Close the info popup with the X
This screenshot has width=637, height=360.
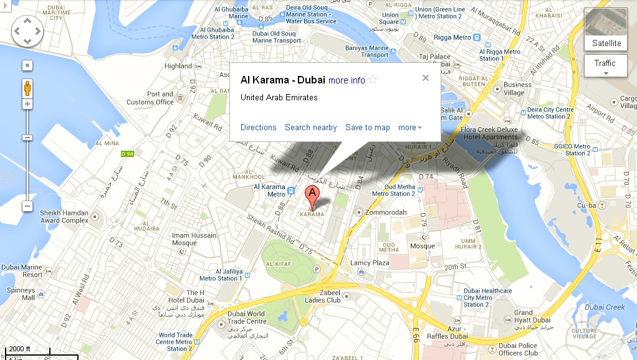[x=426, y=78]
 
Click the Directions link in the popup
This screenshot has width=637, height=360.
[x=258, y=127]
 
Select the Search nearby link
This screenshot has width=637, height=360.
[x=310, y=127]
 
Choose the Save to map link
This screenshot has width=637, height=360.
[x=367, y=127]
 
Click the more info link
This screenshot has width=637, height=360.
[x=347, y=80]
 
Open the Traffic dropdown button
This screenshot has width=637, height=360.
[x=605, y=65]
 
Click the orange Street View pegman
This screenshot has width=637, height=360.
[x=27, y=88]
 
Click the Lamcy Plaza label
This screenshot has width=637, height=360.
[x=370, y=263]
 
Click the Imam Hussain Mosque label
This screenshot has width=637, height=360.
[x=194, y=239]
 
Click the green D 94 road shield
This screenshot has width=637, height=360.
[x=127, y=154]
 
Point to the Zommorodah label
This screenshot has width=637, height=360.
[x=386, y=212]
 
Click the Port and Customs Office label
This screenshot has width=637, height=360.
[x=150, y=98]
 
